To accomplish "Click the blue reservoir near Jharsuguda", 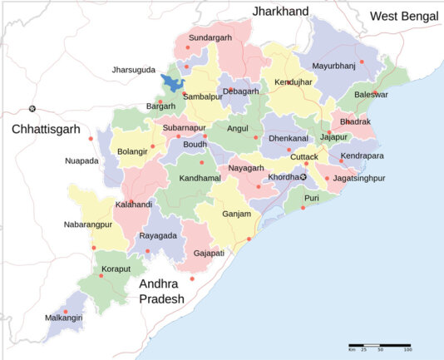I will pyautogui.click(x=175, y=83).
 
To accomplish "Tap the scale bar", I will pyautogui.click(x=380, y=344).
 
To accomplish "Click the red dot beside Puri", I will pyautogui.click(x=303, y=207).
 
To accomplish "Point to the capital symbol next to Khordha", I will pyautogui.click(x=303, y=176).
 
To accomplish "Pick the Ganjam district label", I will pyautogui.click(x=237, y=214).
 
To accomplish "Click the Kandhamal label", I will pyautogui.click(x=197, y=180).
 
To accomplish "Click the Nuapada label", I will pyautogui.click(x=82, y=160).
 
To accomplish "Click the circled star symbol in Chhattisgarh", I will pyautogui.click(x=32, y=109).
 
